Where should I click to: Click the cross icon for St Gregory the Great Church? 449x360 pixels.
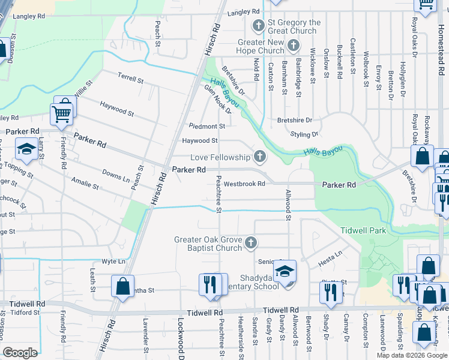click(x=259, y=25)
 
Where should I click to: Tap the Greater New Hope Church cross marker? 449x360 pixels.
click(x=293, y=45)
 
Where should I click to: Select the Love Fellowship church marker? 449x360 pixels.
click(x=260, y=157)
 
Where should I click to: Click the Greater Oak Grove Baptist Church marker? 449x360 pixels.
click(x=251, y=243)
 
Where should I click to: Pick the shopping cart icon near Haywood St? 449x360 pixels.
click(x=62, y=113)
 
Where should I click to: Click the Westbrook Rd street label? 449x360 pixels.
click(x=245, y=184)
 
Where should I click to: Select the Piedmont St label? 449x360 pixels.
click(x=206, y=127)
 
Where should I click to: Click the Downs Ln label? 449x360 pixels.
click(x=116, y=175)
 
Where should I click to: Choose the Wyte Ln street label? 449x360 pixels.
click(x=113, y=262)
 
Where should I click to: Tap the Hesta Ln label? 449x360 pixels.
click(x=330, y=253)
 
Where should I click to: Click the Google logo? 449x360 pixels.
click(x=20, y=353)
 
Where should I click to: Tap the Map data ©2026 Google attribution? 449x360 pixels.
click(x=411, y=355)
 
